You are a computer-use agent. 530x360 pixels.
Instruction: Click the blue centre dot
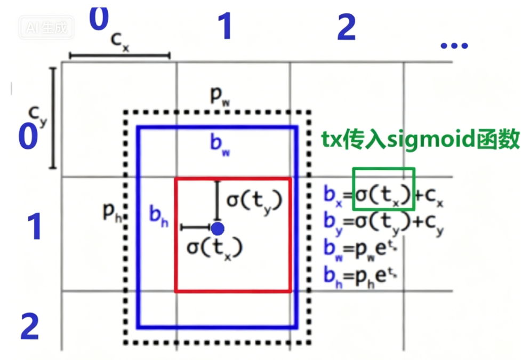tap(217, 228)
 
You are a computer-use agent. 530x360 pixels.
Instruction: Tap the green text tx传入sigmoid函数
tap(420, 140)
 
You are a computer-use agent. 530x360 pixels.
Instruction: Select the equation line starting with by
tap(383, 224)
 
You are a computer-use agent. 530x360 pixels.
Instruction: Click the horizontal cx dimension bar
tap(120, 55)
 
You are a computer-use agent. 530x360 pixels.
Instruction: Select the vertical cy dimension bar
tap(52, 118)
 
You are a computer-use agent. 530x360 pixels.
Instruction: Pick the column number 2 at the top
tap(346, 28)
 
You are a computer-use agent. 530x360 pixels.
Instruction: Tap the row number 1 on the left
tap(34, 227)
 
